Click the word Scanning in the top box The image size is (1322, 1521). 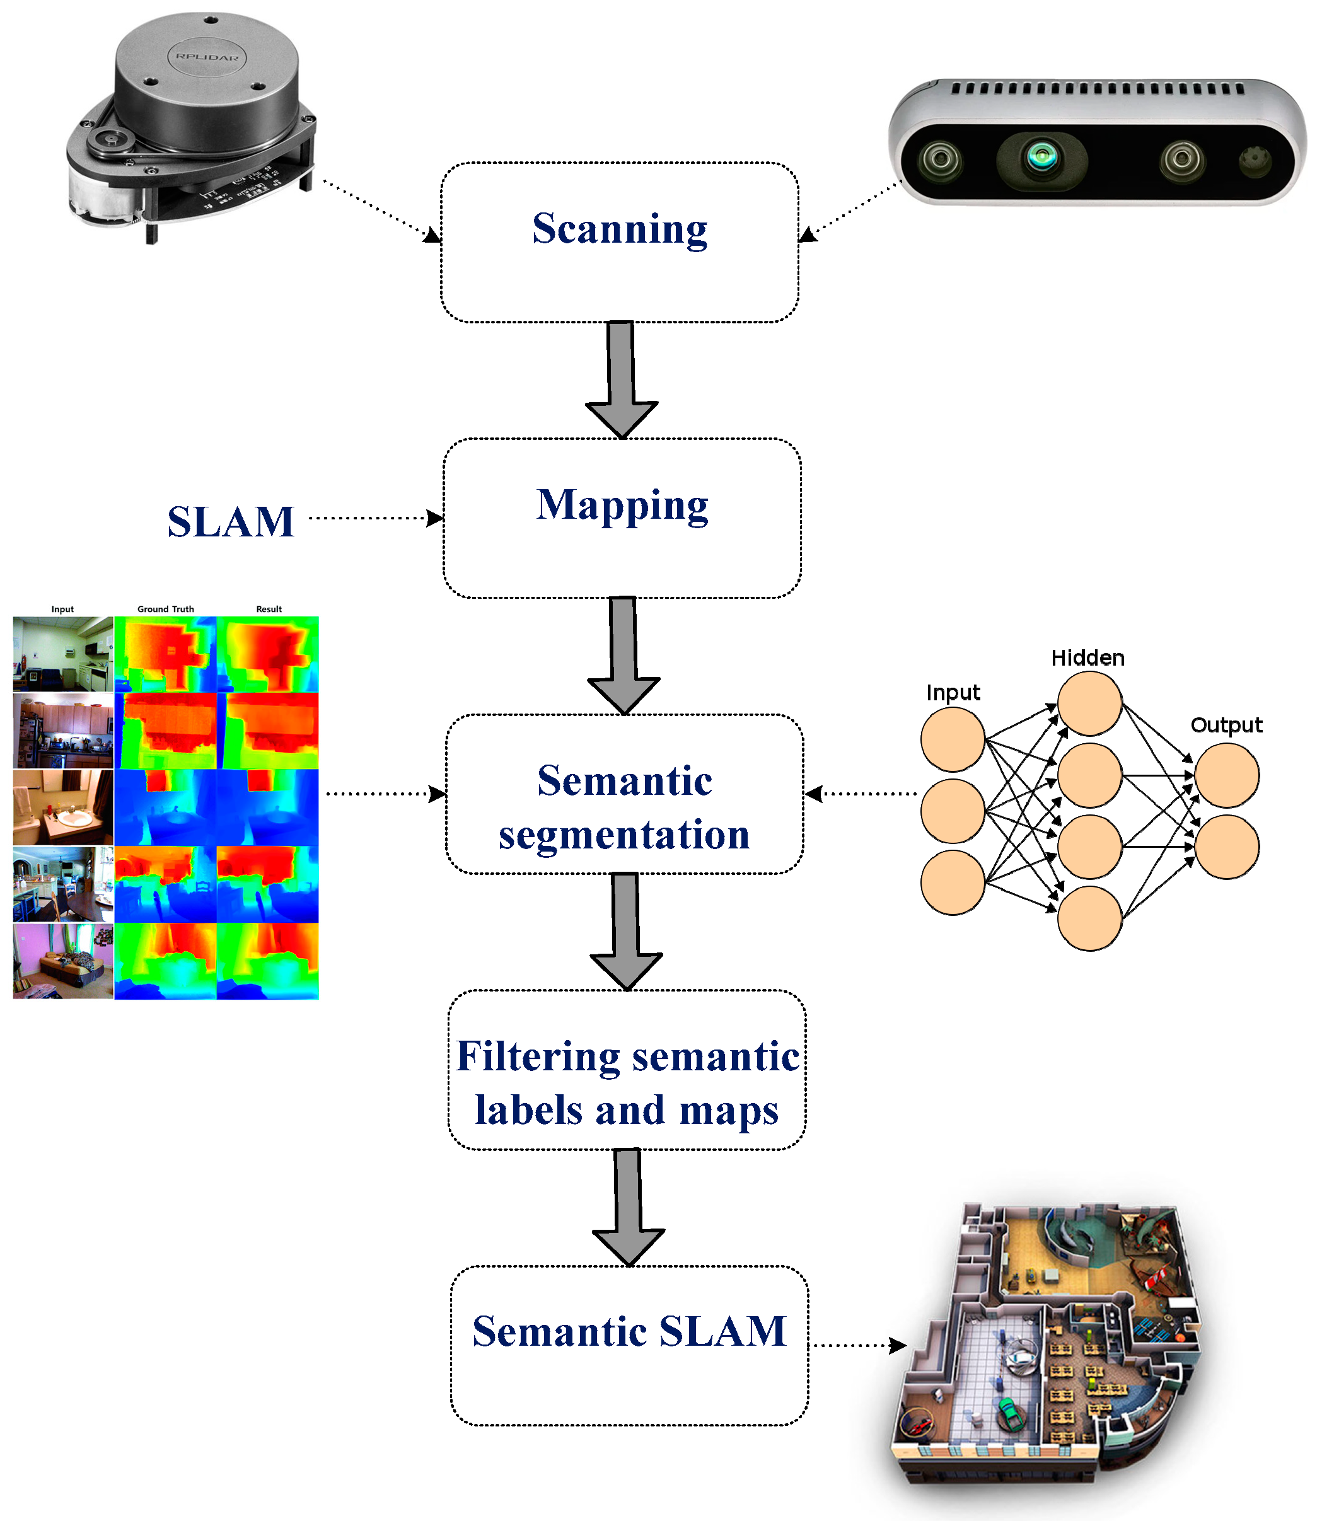tap(620, 229)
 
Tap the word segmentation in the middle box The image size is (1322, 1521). tap(624, 836)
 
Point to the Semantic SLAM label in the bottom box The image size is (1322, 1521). tap(629, 1331)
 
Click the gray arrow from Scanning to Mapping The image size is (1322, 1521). tap(621, 381)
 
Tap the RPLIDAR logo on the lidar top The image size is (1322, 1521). tap(207, 57)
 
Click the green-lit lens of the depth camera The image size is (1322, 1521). tap(1041, 156)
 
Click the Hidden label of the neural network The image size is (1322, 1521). tap(1087, 658)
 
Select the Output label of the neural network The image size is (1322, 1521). tap(1226, 725)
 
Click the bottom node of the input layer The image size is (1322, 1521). tap(953, 883)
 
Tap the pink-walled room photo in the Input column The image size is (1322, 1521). tap(62, 961)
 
